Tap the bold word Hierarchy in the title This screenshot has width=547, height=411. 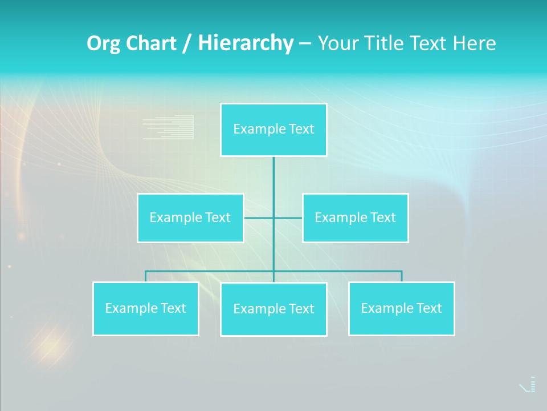pyautogui.click(x=246, y=43)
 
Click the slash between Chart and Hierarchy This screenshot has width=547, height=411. pyautogui.click(x=186, y=44)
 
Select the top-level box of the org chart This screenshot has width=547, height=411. pyautogui.click(x=273, y=130)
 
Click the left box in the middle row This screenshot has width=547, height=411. pyautogui.click(x=190, y=218)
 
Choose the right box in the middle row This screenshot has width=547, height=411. pyautogui.click(x=355, y=218)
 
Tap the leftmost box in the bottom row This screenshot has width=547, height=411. pyautogui.click(x=145, y=309)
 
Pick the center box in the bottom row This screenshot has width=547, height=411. pyautogui.click(x=273, y=309)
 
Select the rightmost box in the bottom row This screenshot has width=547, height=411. pyautogui.click(x=401, y=309)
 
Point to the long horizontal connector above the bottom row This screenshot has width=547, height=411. pyautogui.click(x=342, y=271)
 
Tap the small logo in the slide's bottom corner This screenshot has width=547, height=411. pyautogui.click(x=528, y=385)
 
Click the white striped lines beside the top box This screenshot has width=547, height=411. pyautogui.click(x=168, y=127)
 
